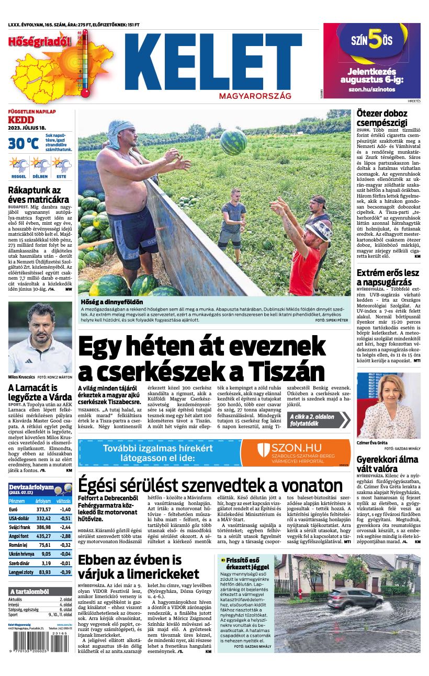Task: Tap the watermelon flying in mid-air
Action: (233, 142)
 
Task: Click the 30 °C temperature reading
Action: (23, 143)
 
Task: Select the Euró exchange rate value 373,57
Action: (43, 509)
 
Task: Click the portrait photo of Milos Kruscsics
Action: (40, 337)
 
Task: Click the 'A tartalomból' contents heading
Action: (29, 591)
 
